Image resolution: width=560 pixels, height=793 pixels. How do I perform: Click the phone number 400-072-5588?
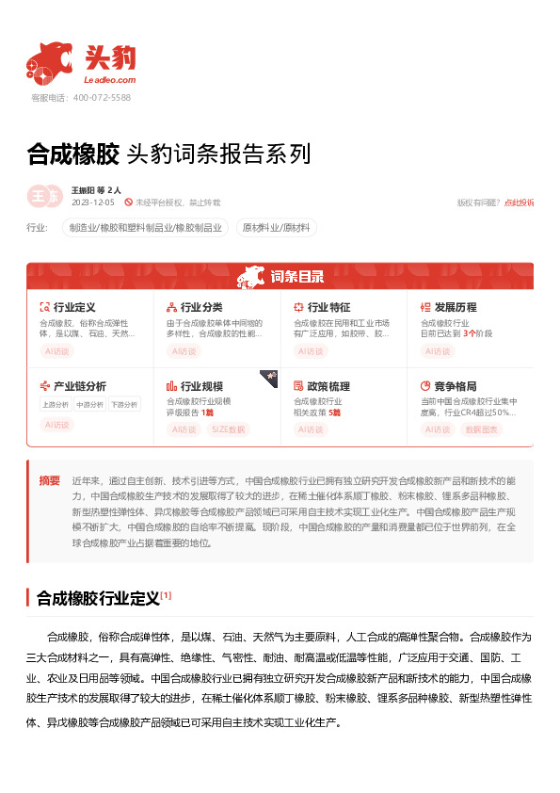click(x=102, y=97)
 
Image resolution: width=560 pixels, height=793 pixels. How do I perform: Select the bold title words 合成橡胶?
click(x=72, y=154)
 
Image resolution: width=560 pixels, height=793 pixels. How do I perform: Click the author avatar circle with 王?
click(x=41, y=195)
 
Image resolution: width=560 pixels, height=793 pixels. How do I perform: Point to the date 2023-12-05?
click(x=92, y=202)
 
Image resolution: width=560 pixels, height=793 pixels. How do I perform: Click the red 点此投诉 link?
click(x=519, y=202)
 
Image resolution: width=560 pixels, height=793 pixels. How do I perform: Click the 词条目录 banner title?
click(x=296, y=277)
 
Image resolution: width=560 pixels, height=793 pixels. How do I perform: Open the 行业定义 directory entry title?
click(x=74, y=307)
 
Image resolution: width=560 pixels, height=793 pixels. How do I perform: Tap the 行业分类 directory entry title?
click(x=201, y=307)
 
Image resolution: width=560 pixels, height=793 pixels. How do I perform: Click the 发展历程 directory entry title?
click(x=456, y=307)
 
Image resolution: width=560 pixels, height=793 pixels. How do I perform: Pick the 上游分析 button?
click(x=56, y=404)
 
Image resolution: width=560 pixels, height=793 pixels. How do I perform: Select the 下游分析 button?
click(x=123, y=404)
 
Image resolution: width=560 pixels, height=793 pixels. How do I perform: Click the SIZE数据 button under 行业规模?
click(x=228, y=429)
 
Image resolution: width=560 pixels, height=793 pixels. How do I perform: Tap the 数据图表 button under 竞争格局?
click(x=483, y=429)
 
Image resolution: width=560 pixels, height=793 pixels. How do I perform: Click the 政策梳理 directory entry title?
click(x=328, y=386)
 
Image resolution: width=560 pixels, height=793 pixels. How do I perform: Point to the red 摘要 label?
click(x=49, y=479)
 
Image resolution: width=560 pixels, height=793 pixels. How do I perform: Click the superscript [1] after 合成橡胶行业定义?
click(x=166, y=595)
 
